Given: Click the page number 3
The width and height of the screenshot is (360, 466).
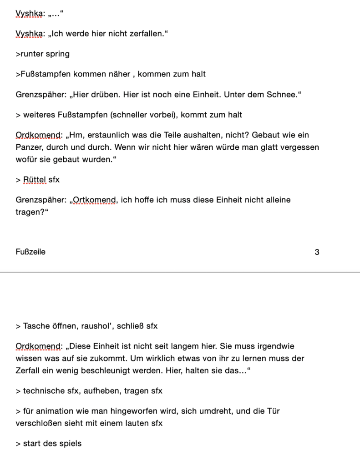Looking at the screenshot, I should (x=317, y=252).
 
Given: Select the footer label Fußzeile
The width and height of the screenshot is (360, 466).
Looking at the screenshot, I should (x=30, y=252).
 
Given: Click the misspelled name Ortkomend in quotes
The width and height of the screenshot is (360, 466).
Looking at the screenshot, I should (x=94, y=200).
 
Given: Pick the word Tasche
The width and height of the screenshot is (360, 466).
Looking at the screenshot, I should (x=36, y=326).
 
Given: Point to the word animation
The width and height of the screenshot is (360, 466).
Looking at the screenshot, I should (x=54, y=411).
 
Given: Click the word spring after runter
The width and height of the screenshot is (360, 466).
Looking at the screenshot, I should (x=58, y=54).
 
